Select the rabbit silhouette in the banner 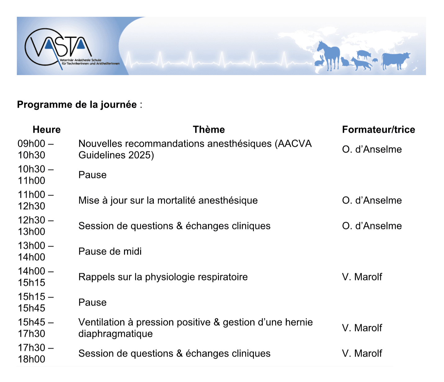tap(320, 61)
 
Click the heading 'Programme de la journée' tap(77, 104)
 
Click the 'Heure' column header tap(47, 129)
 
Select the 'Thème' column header tap(209, 129)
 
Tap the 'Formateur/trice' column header tap(378, 129)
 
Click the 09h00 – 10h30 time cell tap(35, 149)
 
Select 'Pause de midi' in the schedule tap(110, 251)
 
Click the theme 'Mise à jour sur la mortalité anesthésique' tap(168, 200)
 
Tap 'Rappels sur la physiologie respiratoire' tap(163, 277)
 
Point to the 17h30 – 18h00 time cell tap(35, 353)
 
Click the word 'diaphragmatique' tap(115, 334)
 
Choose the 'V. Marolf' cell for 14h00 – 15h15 tap(362, 277)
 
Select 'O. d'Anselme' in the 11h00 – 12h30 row tap(372, 200)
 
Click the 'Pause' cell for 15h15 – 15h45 tap(92, 302)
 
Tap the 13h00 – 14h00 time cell tap(35, 251)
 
